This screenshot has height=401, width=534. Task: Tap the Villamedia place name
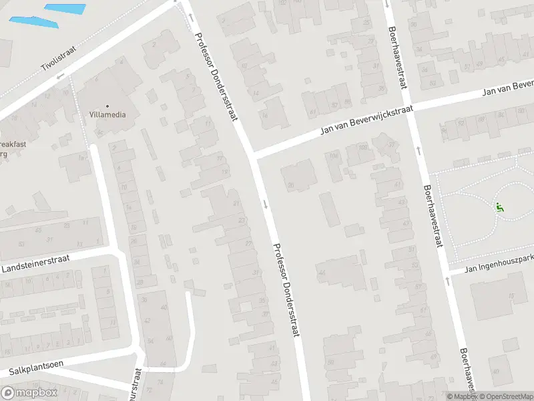click(x=107, y=114)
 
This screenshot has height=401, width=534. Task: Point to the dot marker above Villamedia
click(x=107, y=105)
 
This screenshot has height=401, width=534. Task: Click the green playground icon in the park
click(x=499, y=207)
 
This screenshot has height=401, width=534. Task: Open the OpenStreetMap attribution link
click(x=507, y=396)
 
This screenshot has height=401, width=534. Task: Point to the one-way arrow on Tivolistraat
click(x=59, y=76)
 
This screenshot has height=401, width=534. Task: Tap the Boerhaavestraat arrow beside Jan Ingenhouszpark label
click(x=447, y=282)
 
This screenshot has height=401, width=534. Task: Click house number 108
click(x=364, y=147)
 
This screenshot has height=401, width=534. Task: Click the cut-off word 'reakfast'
click(x=11, y=144)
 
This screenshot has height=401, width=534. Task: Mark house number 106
click(x=333, y=157)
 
